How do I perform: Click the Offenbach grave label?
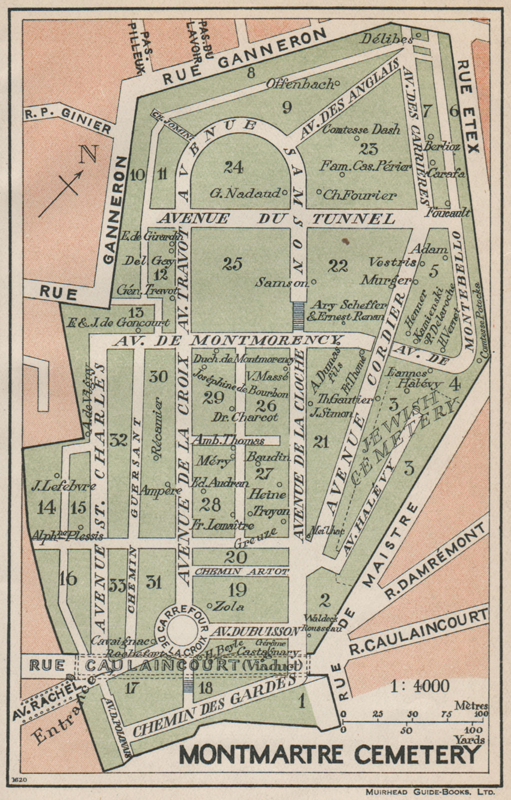(x=300, y=84)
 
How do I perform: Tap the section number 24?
(x=233, y=167)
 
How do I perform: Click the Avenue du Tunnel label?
(x=276, y=218)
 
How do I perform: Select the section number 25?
(x=233, y=263)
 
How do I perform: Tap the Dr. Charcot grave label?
(x=245, y=416)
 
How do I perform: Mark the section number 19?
(x=237, y=590)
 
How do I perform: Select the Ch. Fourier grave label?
(x=360, y=194)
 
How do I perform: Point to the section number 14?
(x=46, y=507)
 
